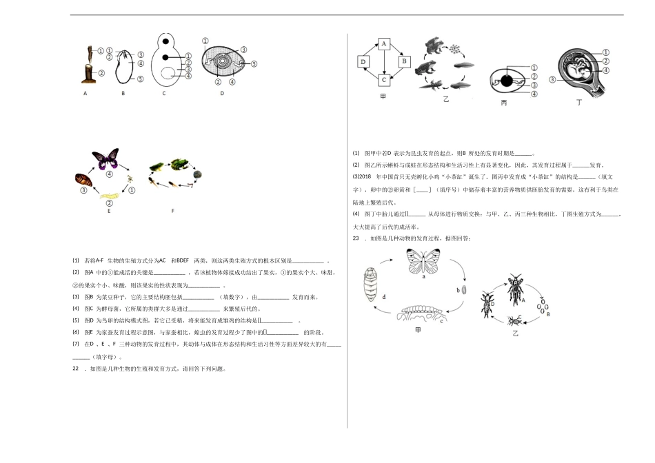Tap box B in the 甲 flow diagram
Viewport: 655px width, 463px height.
tap(403, 62)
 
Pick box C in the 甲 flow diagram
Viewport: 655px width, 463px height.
tap(383, 79)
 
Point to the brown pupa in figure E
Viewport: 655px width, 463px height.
tap(81, 181)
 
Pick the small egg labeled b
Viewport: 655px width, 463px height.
tap(463, 290)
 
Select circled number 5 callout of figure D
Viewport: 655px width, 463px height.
tap(254, 63)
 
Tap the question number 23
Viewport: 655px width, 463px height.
tap(356, 238)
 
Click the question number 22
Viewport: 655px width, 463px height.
tap(76, 368)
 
